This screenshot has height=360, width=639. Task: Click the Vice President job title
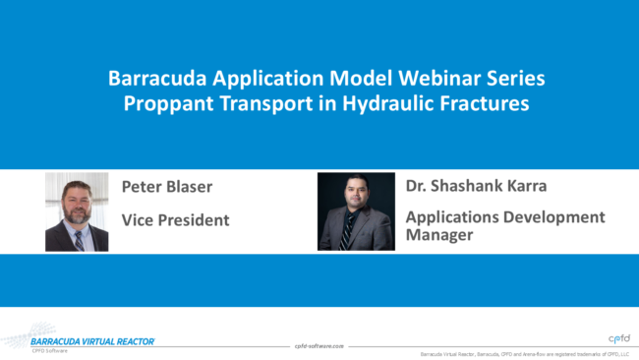tap(175, 220)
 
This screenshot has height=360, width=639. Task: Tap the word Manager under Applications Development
tap(441, 235)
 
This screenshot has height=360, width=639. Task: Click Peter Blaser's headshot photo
tap(77, 211)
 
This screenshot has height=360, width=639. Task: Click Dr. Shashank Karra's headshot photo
tap(356, 210)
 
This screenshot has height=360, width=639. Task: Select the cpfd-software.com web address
tap(320, 346)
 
